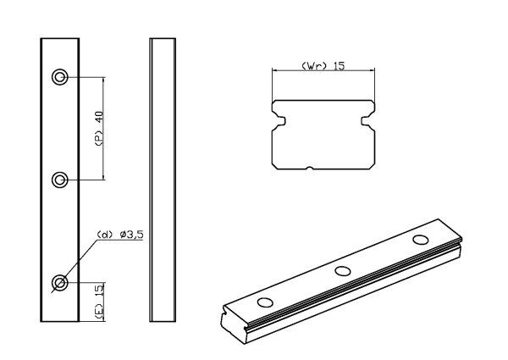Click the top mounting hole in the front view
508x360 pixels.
click(60, 77)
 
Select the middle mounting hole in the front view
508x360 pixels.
click(60, 179)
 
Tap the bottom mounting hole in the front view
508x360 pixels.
click(60, 282)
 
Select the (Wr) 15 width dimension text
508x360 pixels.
click(322, 66)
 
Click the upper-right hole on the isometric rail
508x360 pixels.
click(420, 240)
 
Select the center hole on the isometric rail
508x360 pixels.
click(343, 271)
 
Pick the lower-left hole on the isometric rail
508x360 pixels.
click(266, 302)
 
